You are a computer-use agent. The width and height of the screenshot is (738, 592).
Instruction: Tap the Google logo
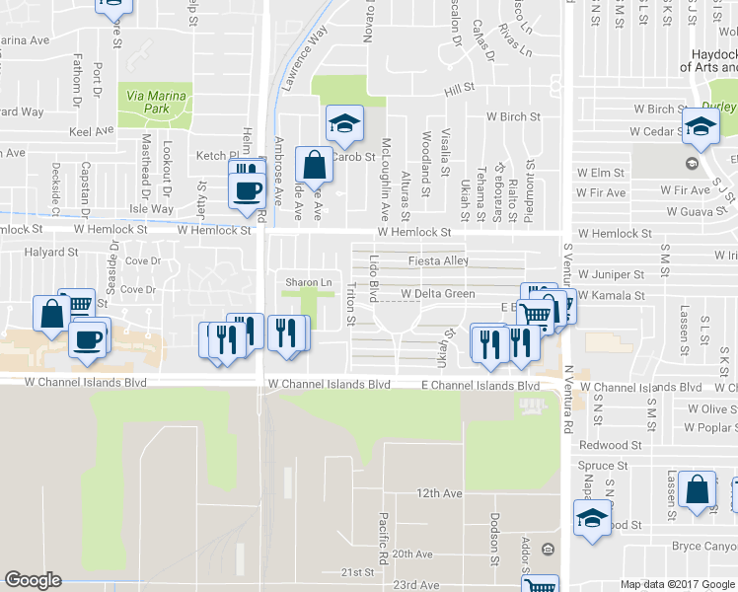pyautogui.click(x=33, y=580)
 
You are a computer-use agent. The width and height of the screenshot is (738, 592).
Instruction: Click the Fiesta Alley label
pyautogui.click(x=438, y=261)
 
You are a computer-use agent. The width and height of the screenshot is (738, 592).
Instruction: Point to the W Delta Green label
pyautogui.click(x=437, y=294)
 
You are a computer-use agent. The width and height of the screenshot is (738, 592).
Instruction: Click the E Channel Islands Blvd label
pyautogui.click(x=480, y=385)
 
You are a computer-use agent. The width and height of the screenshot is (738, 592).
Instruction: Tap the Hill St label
pyautogui.click(x=459, y=90)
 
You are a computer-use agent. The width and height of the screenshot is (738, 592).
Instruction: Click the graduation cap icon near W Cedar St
pyautogui.click(x=701, y=125)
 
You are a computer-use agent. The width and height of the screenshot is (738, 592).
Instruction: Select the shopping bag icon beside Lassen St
pyautogui.click(x=698, y=489)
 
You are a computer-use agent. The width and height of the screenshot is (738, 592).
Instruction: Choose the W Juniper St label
pyautogui.click(x=611, y=273)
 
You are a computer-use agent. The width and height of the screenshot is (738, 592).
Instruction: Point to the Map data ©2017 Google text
pyautogui.click(x=677, y=584)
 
